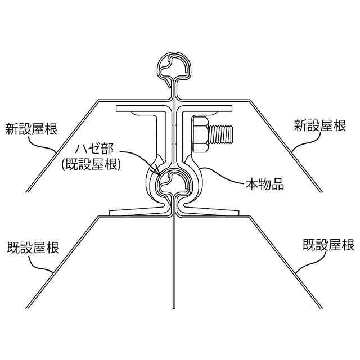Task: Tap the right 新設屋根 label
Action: point(320,125)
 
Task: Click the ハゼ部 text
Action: point(95,149)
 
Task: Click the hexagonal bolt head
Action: point(199,134)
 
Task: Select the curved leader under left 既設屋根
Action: point(45,264)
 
